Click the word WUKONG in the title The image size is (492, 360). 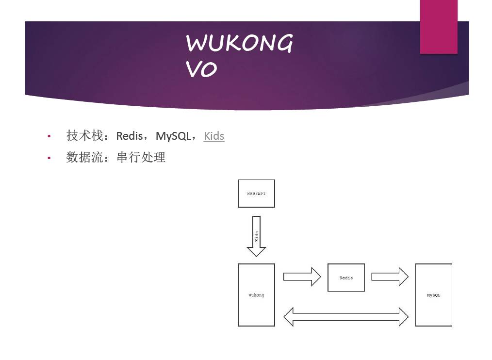point(239,44)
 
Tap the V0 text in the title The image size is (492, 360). point(201,70)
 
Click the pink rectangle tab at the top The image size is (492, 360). point(439,27)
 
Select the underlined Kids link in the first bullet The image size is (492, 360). point(214,136)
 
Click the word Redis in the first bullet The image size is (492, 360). point(129,136)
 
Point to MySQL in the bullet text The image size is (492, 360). point(173,136)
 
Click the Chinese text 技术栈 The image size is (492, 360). point(84,135)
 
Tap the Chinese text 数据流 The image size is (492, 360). point(84,157)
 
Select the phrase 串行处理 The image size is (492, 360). point(141,157)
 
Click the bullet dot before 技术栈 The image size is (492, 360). point(49,136)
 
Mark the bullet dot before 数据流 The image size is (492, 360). point(49,158)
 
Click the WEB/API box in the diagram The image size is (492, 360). point(256,193)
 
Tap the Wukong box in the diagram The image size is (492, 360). point(256,295)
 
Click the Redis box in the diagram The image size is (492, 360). point(346,278)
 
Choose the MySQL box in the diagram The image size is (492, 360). point(433,295)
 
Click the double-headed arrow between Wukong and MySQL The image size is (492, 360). point(345,317)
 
